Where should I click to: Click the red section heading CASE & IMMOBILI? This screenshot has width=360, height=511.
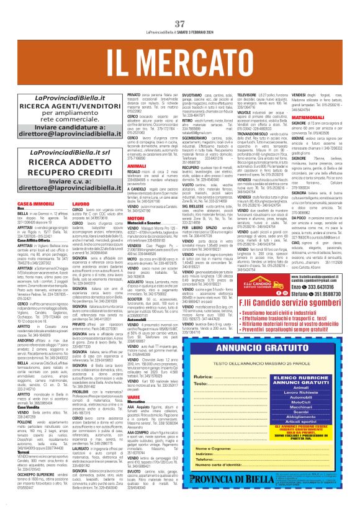click(x=29, y=204)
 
